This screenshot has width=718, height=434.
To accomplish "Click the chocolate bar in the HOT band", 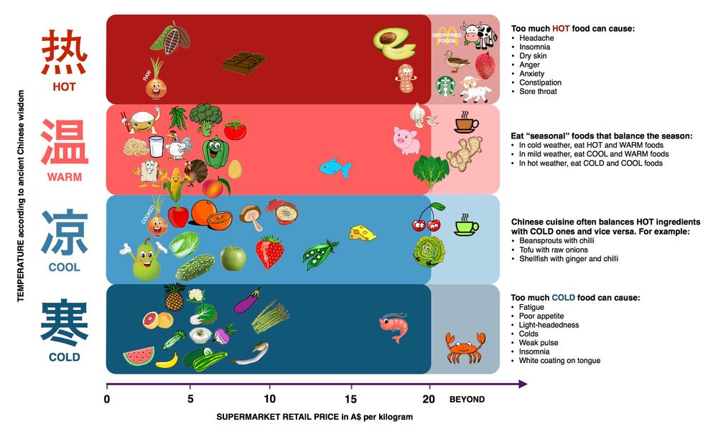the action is (x=243, y=63).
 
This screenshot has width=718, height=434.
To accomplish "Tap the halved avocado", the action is (x=394, y=44).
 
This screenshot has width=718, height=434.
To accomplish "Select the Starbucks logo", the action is (x=445, y=86).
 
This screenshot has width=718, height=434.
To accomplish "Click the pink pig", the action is (x=406, y=141).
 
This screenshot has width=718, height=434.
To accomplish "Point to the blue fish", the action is (x=335, y=169).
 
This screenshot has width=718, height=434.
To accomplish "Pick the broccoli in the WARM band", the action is (x=205, y=118).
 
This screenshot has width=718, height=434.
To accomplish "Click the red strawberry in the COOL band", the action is (x=270, y=252).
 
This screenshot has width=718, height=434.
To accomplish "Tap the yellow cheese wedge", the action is (x=362, y=232).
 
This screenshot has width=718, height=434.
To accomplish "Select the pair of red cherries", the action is (x=428, y=217).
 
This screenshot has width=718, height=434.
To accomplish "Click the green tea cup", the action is (x=466, y=225).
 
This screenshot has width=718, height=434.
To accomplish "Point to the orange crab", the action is (x=465, y=348).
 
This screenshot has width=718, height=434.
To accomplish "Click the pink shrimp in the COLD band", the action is (x=393, y=327).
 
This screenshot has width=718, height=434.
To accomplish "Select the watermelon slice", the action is (x=139, y=357).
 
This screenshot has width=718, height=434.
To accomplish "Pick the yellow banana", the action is (x=167, y=360).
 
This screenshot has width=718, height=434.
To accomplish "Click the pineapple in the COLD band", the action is (x=174, y=297).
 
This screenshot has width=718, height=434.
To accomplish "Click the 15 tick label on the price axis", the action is (x=351, y=399).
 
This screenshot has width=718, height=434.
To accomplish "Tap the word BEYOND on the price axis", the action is (x=467, y=399).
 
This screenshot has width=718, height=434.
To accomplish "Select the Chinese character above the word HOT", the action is (x=64, y=52).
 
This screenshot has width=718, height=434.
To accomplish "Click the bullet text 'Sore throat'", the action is (x=538, y=92).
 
